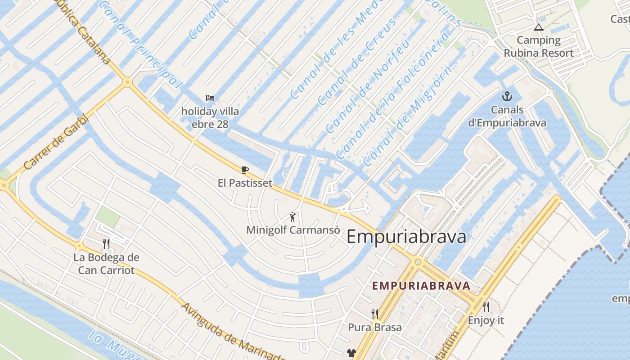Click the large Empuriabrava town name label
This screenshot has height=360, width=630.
(x=406, y=236)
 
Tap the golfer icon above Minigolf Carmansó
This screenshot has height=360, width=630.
(x=293, y=217)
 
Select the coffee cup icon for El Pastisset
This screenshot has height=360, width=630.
(x=245, y=170)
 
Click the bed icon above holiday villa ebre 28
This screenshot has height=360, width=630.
(x=210, y=98)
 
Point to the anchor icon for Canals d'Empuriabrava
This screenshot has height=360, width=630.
(x=507, y=96)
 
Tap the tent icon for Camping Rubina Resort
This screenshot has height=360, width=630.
(x=538, y=27)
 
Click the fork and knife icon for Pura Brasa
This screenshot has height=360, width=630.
(x=374, y=314)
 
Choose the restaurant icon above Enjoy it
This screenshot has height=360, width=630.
(x=486, y=307)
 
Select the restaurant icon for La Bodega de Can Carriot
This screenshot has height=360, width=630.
(x=106, y=244)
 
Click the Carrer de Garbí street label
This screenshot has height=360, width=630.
(x=56, y=142)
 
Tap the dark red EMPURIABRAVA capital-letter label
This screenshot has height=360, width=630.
(x=421, y=286)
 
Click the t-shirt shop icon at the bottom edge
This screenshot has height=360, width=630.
(x=351, y=354)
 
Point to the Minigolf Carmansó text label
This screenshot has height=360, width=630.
(x=293, y=230)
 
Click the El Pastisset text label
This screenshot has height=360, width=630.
(x=245, y=183)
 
